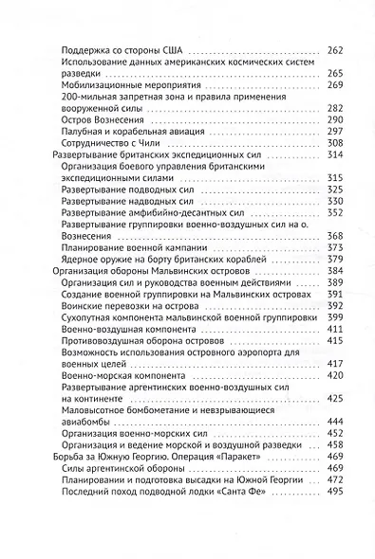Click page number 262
(335, 49)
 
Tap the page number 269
(335, 85)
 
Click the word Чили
(152, 143)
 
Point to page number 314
(335, 155)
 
